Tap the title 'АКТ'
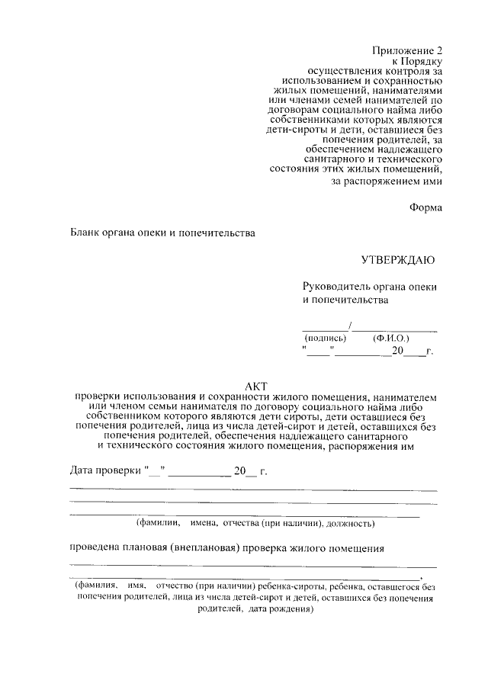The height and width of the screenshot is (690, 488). tap(255, 386)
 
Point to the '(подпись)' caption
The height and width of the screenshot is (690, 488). tap(325, 337)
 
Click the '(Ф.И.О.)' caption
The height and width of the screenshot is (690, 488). tap(390, 337)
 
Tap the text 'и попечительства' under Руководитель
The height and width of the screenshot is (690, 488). tap(345, 300)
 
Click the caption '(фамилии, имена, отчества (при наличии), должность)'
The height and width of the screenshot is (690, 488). tap(255, 524)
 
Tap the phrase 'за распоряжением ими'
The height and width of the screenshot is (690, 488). tap(386, 181)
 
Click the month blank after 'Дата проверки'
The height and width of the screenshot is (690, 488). tap(198, 474)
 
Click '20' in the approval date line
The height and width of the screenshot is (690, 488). tap(396, 351)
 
